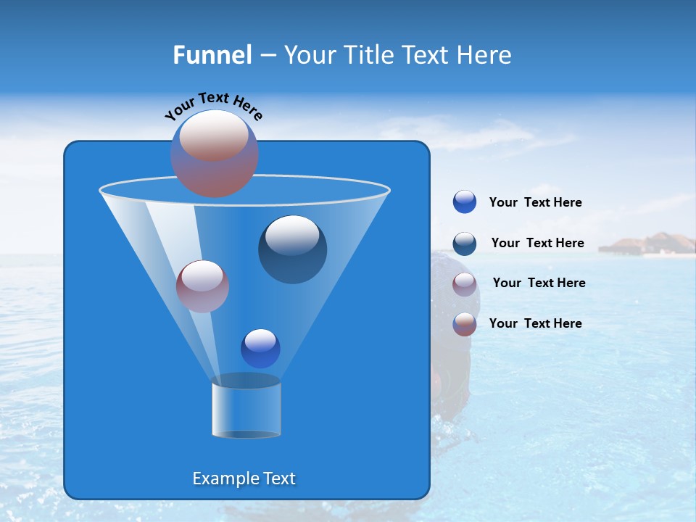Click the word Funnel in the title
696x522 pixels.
[212, 55]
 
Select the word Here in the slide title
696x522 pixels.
[484, 55]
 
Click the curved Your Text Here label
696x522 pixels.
[214, 106]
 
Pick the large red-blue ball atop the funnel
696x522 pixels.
[215, 153]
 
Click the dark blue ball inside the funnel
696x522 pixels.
[293, 249]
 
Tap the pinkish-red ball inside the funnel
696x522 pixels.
[202, 286]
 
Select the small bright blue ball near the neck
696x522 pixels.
[260, 349]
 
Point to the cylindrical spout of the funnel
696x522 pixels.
[246, 407]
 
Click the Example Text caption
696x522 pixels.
[244, 478]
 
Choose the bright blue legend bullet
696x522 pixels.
[465, 202]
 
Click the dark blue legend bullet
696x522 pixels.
[465, 244]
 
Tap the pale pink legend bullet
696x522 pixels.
[465, 284]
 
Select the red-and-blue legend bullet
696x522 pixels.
[465, 324]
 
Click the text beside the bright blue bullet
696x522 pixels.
[535, 203]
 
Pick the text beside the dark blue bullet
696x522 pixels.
[537, 244]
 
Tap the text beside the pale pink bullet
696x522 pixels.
[539, 283]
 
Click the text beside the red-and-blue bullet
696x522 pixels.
[535, 323]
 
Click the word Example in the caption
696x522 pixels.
[222, 478]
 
